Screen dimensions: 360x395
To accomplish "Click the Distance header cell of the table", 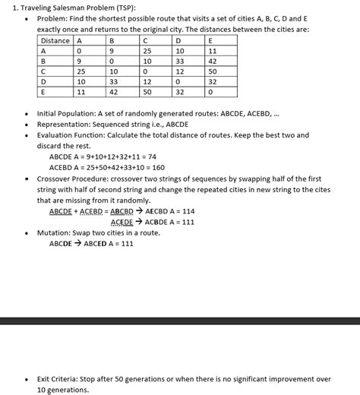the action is pos(55,40).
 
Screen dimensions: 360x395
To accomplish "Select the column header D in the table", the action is pos(178,40).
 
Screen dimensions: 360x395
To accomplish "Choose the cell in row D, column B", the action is pos(115,81).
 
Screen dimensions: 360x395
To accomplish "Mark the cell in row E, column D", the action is pos(180,91).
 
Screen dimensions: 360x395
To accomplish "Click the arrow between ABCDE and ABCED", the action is pos(77,244).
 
